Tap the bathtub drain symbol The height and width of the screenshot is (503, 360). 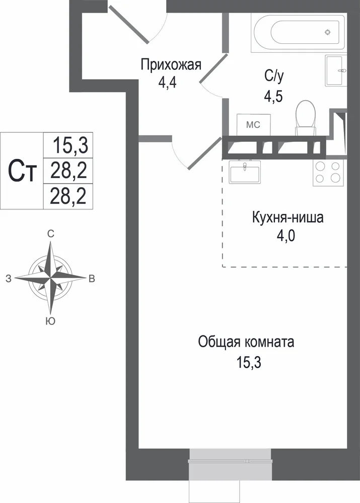(x=327, y=32)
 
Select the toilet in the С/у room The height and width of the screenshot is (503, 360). (x=306, y=118)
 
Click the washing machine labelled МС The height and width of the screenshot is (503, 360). (x=253, y=124)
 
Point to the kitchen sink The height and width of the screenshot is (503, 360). (x=245, y=172)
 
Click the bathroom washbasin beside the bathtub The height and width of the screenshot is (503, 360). (x=336, y=70)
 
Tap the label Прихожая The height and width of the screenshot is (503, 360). (x=171, y=65)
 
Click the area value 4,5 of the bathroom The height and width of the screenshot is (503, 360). (x=273, y=96)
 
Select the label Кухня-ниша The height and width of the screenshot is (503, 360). (x=287, y=218)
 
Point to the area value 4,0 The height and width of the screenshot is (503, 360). (x=286, y=236)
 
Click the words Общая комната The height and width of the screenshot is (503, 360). (x=246, y=342)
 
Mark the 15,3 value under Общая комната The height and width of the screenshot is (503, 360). (x=249, y=363)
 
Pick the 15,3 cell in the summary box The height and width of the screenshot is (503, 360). (x=68, y=145)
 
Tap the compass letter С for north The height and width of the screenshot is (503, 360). (x=51, y=234)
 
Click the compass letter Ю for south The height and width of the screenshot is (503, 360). (x=50, y=321)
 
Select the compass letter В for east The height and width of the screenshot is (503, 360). (x=92, y=279)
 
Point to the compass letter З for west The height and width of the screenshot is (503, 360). (x=9, y=279)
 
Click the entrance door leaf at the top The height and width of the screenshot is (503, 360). (x=128, y=24)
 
